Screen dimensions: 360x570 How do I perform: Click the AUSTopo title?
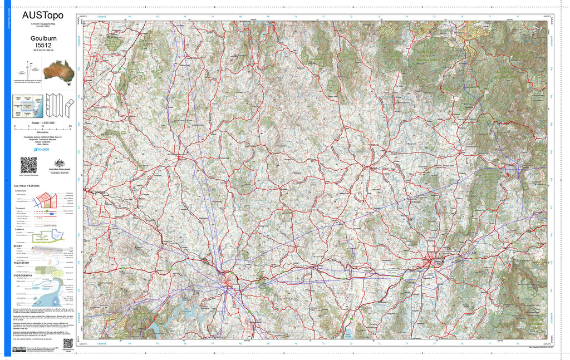coord(43,15)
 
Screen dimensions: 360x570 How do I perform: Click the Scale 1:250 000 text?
coord(43,122)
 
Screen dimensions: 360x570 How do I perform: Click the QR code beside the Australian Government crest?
coord(28,165)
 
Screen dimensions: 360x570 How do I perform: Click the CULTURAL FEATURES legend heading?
coord(26,186)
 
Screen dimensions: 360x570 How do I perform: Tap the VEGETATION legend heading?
coord(23,263)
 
